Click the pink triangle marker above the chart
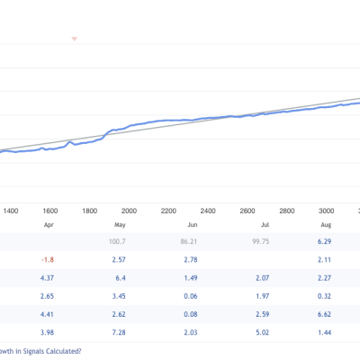75,39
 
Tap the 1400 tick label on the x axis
11,211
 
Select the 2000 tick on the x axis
129,211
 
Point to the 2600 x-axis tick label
247,211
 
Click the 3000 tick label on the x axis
326,211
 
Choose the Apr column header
49,225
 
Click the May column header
120,225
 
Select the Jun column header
193,225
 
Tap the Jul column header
265,225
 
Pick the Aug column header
326,225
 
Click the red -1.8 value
48,260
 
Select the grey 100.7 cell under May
117,241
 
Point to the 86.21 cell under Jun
189,241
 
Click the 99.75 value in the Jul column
261,241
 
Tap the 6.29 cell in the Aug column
324,241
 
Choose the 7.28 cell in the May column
119,333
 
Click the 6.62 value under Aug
324,314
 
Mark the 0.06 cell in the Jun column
191,296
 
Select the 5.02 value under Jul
263,333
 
